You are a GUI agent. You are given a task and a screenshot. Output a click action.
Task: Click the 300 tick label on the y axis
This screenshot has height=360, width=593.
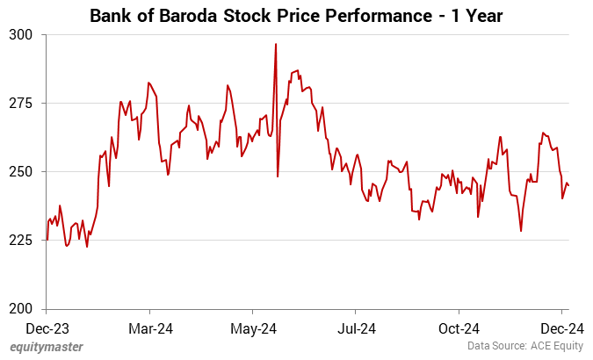coord(21,35)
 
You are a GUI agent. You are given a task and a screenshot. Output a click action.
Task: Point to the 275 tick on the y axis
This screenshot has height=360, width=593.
coord(21,104)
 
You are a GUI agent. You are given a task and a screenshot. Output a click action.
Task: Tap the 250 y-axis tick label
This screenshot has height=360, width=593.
coord(21,172)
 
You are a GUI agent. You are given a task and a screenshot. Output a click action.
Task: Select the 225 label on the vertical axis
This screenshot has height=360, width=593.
coord(21,241)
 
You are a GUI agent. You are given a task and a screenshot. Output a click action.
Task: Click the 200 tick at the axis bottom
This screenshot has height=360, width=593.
coord(21,309)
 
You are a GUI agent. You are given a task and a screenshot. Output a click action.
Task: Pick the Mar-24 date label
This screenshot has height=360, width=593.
coord(150,329)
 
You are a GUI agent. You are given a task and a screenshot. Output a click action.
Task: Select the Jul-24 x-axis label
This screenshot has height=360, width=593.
coord(355,329)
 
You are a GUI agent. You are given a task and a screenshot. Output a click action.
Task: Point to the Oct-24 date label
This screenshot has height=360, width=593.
coord(459,329)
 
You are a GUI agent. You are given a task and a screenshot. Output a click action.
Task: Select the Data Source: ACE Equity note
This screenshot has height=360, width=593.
coord(524,348)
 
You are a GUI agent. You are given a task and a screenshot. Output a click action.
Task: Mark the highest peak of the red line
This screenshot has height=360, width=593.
coord(276,44)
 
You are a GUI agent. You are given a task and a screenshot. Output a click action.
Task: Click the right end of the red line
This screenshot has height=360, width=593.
coord(568,185)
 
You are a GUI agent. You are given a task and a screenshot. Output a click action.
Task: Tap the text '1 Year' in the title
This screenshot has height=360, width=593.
coord(477,15)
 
